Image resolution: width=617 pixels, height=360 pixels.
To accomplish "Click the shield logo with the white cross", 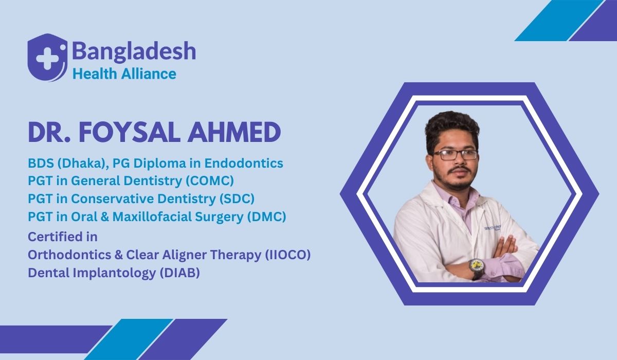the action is tap(47, 58).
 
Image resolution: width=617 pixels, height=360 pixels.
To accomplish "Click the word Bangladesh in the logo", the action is tap(134, 51).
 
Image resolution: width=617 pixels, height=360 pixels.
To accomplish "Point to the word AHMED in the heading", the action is tap(234, 133).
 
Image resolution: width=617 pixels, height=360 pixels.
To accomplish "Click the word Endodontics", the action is tap(244, 163).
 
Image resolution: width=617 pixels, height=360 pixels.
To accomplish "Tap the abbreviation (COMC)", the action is tap(210, 181).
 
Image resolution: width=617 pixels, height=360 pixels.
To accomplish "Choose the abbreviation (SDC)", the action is tap(237, 199).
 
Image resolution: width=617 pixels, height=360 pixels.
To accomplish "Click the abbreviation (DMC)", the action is tap(267, 217).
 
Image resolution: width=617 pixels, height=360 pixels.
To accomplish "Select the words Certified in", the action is tap(63, 237).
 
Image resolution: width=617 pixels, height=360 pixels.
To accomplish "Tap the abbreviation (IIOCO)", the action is tap(288, 255).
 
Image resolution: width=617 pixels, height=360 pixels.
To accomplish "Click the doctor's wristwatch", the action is tap(477, 268).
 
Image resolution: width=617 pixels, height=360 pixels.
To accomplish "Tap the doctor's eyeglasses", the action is tap(455, 155).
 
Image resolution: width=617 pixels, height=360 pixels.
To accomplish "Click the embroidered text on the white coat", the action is tap(493, 228).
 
